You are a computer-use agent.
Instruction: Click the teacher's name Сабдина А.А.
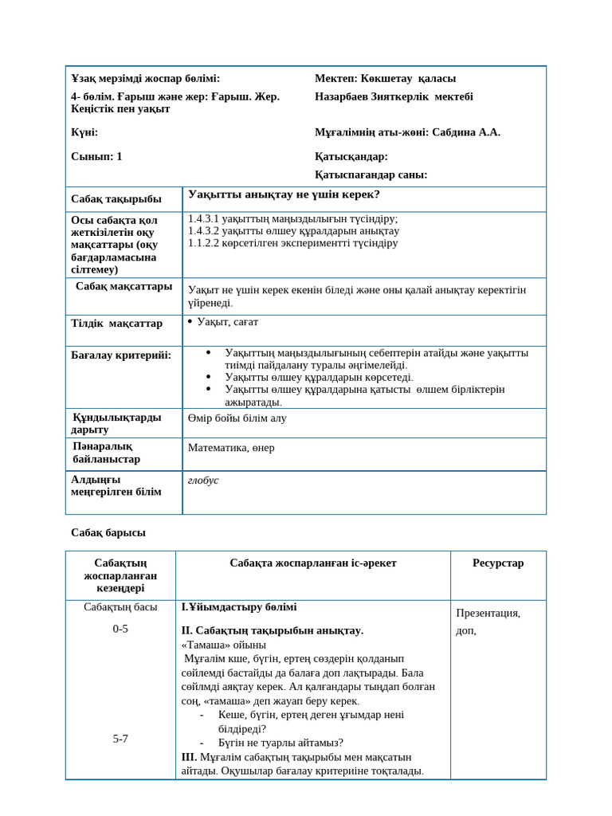click(466, 132)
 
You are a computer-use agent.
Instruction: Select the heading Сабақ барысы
click(108, 532)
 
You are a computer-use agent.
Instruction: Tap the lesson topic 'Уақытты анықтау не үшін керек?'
click(284, 194)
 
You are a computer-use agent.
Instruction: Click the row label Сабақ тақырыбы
click(116, 199)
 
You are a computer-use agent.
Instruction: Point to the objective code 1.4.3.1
click(203, 218)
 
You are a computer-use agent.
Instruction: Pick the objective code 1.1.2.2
click(203, 243)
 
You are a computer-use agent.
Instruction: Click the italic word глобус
click(203, 481)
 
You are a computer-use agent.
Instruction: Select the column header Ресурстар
click(498, 563)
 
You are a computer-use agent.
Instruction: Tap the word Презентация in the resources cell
click(488, 613)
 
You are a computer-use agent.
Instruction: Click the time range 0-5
click(120, 629)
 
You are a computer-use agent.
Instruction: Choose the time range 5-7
click(120, 739)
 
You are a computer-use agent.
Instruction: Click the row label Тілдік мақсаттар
click(116, 324)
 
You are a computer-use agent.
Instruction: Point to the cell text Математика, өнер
click(231, 448)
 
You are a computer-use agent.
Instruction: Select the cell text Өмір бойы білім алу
click(237, 418)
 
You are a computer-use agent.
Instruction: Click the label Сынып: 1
click(96, 156)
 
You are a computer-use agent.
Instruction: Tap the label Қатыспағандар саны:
click(371, 175)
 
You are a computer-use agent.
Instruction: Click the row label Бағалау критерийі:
click(121, 355)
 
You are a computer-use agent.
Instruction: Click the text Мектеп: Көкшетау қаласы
click(385, 78)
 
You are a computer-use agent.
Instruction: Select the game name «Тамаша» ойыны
click(224, 645)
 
